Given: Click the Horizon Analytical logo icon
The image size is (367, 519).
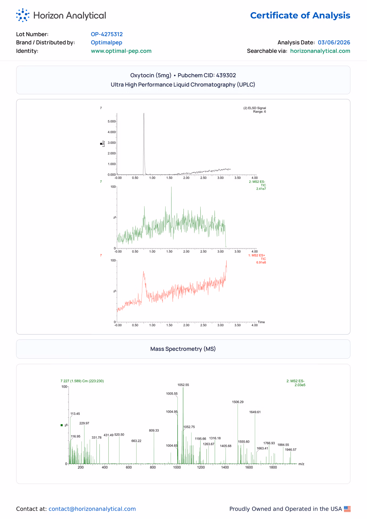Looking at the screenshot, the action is tap(23, 15).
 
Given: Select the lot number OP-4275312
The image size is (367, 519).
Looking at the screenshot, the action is tap(107, 34).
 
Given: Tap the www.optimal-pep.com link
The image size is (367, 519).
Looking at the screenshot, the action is tap(121, 51).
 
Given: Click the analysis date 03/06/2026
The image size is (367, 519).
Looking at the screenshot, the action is tap(334, 42).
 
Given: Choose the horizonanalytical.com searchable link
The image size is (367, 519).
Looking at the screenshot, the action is tap(320, 51).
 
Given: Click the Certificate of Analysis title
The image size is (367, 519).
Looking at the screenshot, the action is tap(300, 15).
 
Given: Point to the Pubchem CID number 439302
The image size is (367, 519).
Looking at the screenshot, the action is tap(226, 75).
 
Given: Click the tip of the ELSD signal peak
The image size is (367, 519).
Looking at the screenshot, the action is tap(144, 113).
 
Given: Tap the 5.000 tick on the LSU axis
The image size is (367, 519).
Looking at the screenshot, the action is tap(112, 122).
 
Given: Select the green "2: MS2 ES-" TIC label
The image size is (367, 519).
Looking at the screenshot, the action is tap(257, 182).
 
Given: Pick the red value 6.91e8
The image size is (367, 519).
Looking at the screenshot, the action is tap(261, 262).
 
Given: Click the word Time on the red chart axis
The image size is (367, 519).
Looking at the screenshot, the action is tap(261, 322).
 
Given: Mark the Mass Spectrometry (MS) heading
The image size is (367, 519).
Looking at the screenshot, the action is tap(183, 349).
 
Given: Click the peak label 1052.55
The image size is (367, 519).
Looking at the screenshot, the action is tap(183, 385).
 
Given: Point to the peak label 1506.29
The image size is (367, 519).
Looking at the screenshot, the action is tap(238, 402).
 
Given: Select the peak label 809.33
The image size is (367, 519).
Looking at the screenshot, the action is tap(154, 431).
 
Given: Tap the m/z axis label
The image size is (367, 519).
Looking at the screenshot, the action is tap(301, 464).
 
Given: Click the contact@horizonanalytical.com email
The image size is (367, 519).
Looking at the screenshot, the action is tap(92, 509).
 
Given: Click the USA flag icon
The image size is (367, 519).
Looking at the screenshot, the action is tap(347, 509).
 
